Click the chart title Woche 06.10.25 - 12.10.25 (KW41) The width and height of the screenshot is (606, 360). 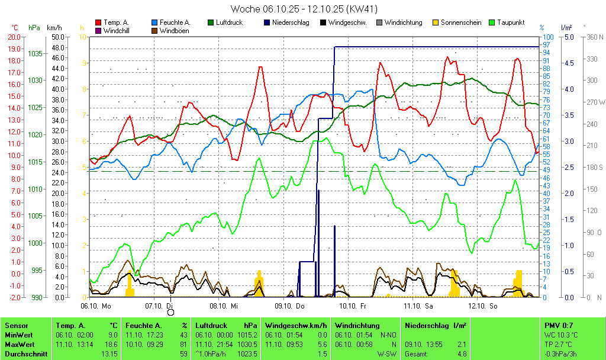(x=304, y=9)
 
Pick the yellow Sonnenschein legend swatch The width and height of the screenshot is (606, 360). (x=436, y=22)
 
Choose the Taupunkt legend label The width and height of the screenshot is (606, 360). (x=511, y=22)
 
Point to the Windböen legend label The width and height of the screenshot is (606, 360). (x=175, y=31)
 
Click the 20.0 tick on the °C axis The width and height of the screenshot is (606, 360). (x=14, y=37)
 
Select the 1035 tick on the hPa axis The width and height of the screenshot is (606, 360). (x=35, y=53)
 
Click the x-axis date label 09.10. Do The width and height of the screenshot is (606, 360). (x=289, y=306)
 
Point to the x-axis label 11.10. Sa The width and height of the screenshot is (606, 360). (x=418, y=306)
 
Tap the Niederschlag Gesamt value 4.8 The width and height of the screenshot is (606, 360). (x=461, y=354)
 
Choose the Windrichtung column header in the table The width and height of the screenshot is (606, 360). (x=357, y=326)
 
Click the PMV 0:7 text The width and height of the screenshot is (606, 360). (x=559, y=326)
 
